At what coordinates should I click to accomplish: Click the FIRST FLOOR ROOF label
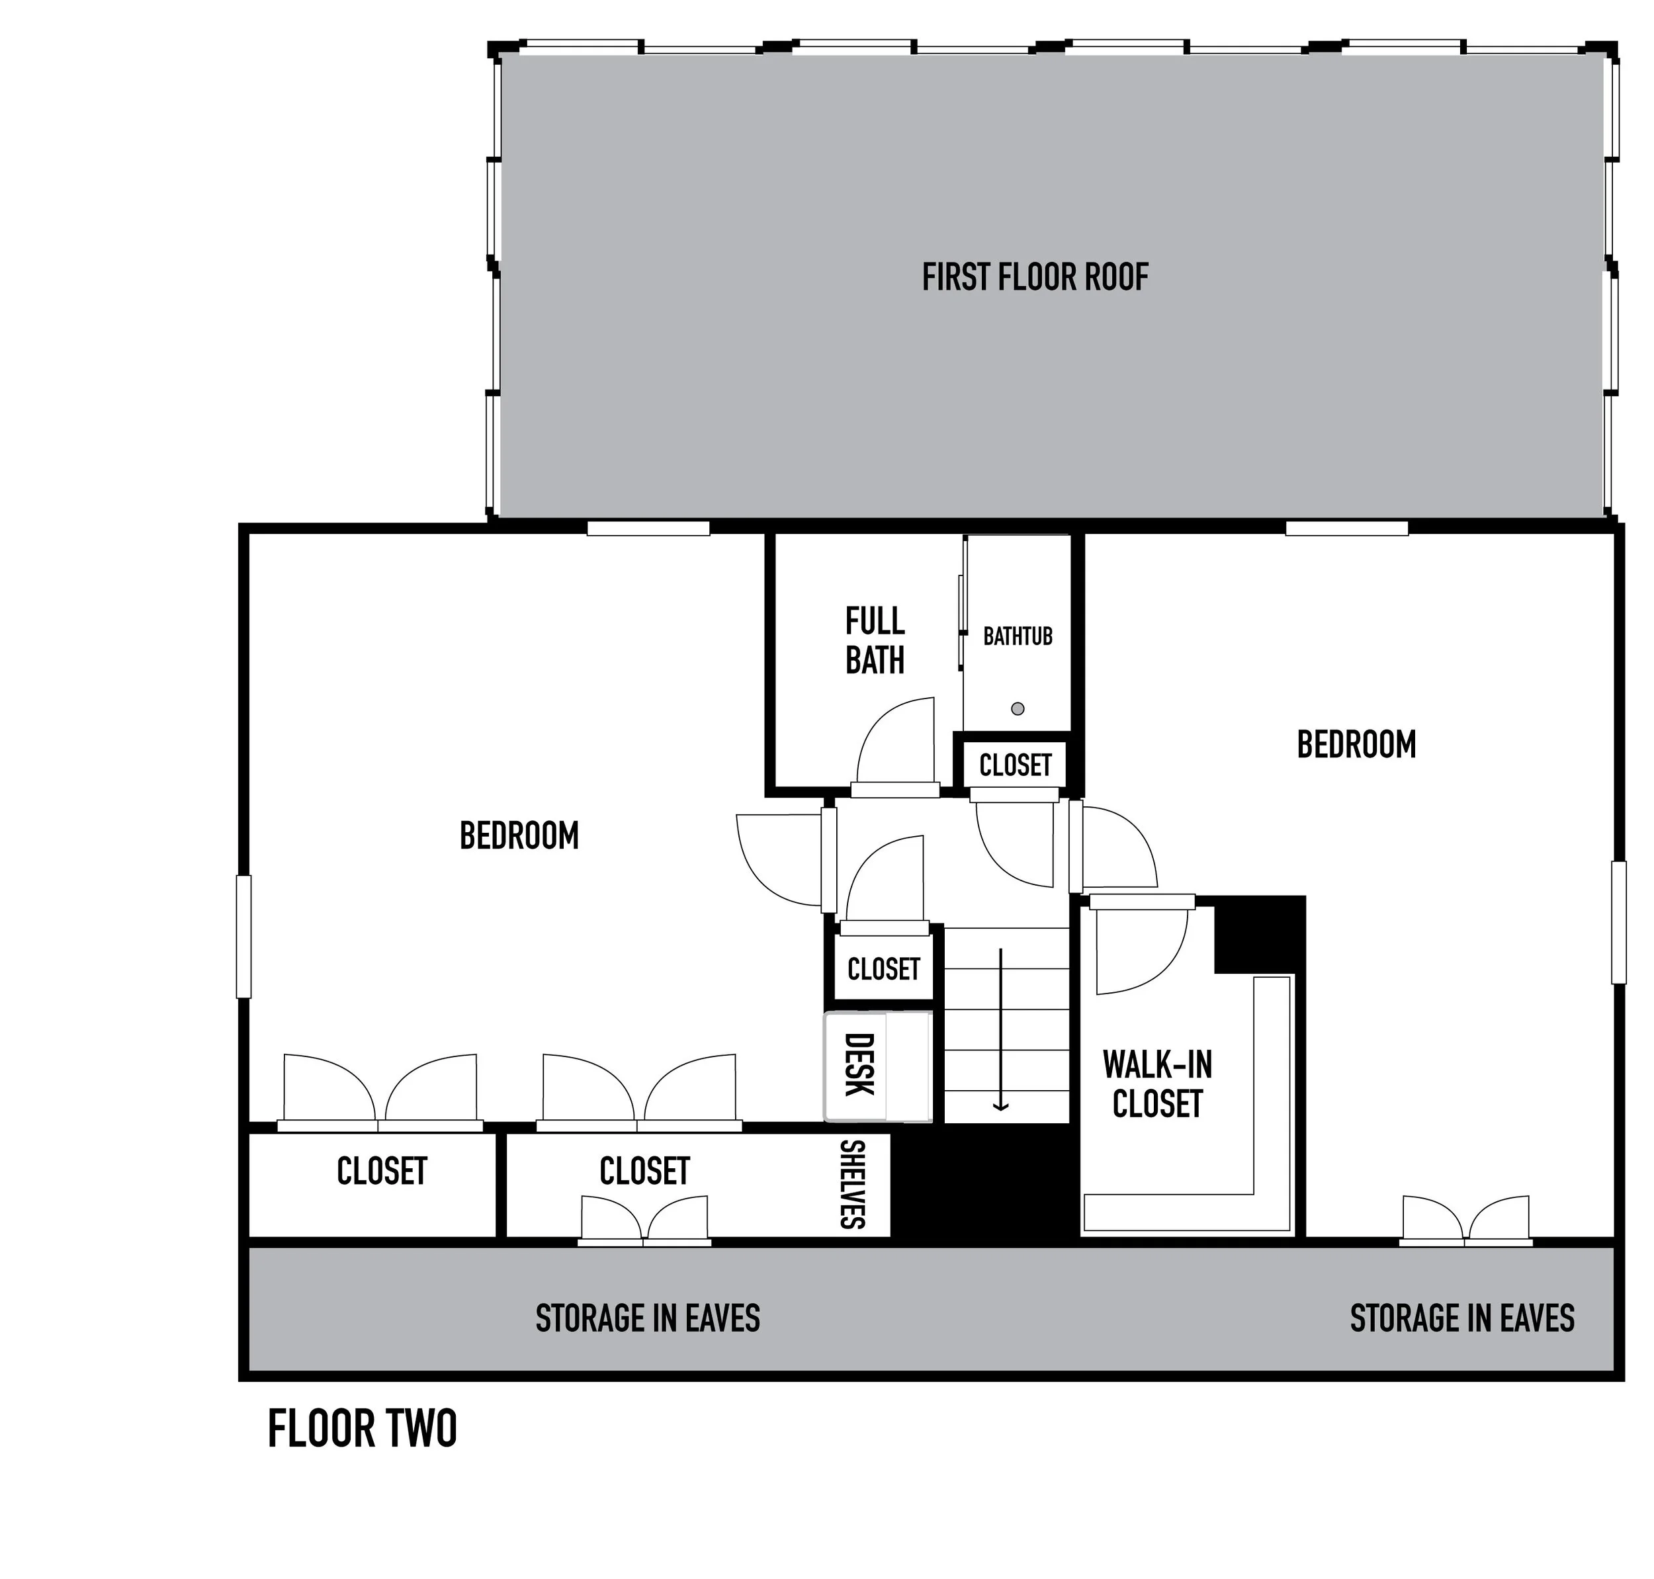click(x=1035, y=277)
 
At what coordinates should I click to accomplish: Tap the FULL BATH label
click(x=875, y=640)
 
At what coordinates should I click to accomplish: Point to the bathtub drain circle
click(x=1018, y=708)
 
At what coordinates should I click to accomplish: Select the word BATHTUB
click(x=1018, y=636)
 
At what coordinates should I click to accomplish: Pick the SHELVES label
click(x=853, y=1183)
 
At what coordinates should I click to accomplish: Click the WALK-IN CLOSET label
click(x=1157, y=1084)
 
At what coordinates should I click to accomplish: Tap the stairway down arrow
click(x=1001, y=1029)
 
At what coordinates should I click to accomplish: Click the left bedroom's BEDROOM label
click(x=519, y=835)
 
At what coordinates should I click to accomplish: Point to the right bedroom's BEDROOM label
click(x=1356, y=745)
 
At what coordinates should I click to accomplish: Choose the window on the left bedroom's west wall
click(x=243, y=937)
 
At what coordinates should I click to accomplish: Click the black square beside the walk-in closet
click(x=1259, y=934)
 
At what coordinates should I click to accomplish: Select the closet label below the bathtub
click(x=1015, y=765)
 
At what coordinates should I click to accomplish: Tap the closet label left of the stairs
click(x=884, y=969)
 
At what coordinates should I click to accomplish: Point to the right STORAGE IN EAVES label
click(x=1462, y=1318)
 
